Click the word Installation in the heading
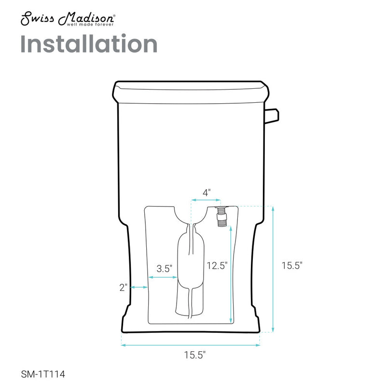(89, 44)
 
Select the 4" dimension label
(206, 192)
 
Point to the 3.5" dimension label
(164, 269)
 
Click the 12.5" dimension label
(217, 265)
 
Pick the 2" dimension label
(124, 287)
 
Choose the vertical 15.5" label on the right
(291, 265)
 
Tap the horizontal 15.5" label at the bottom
(194, 355)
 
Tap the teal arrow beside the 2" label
(139, 288)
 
